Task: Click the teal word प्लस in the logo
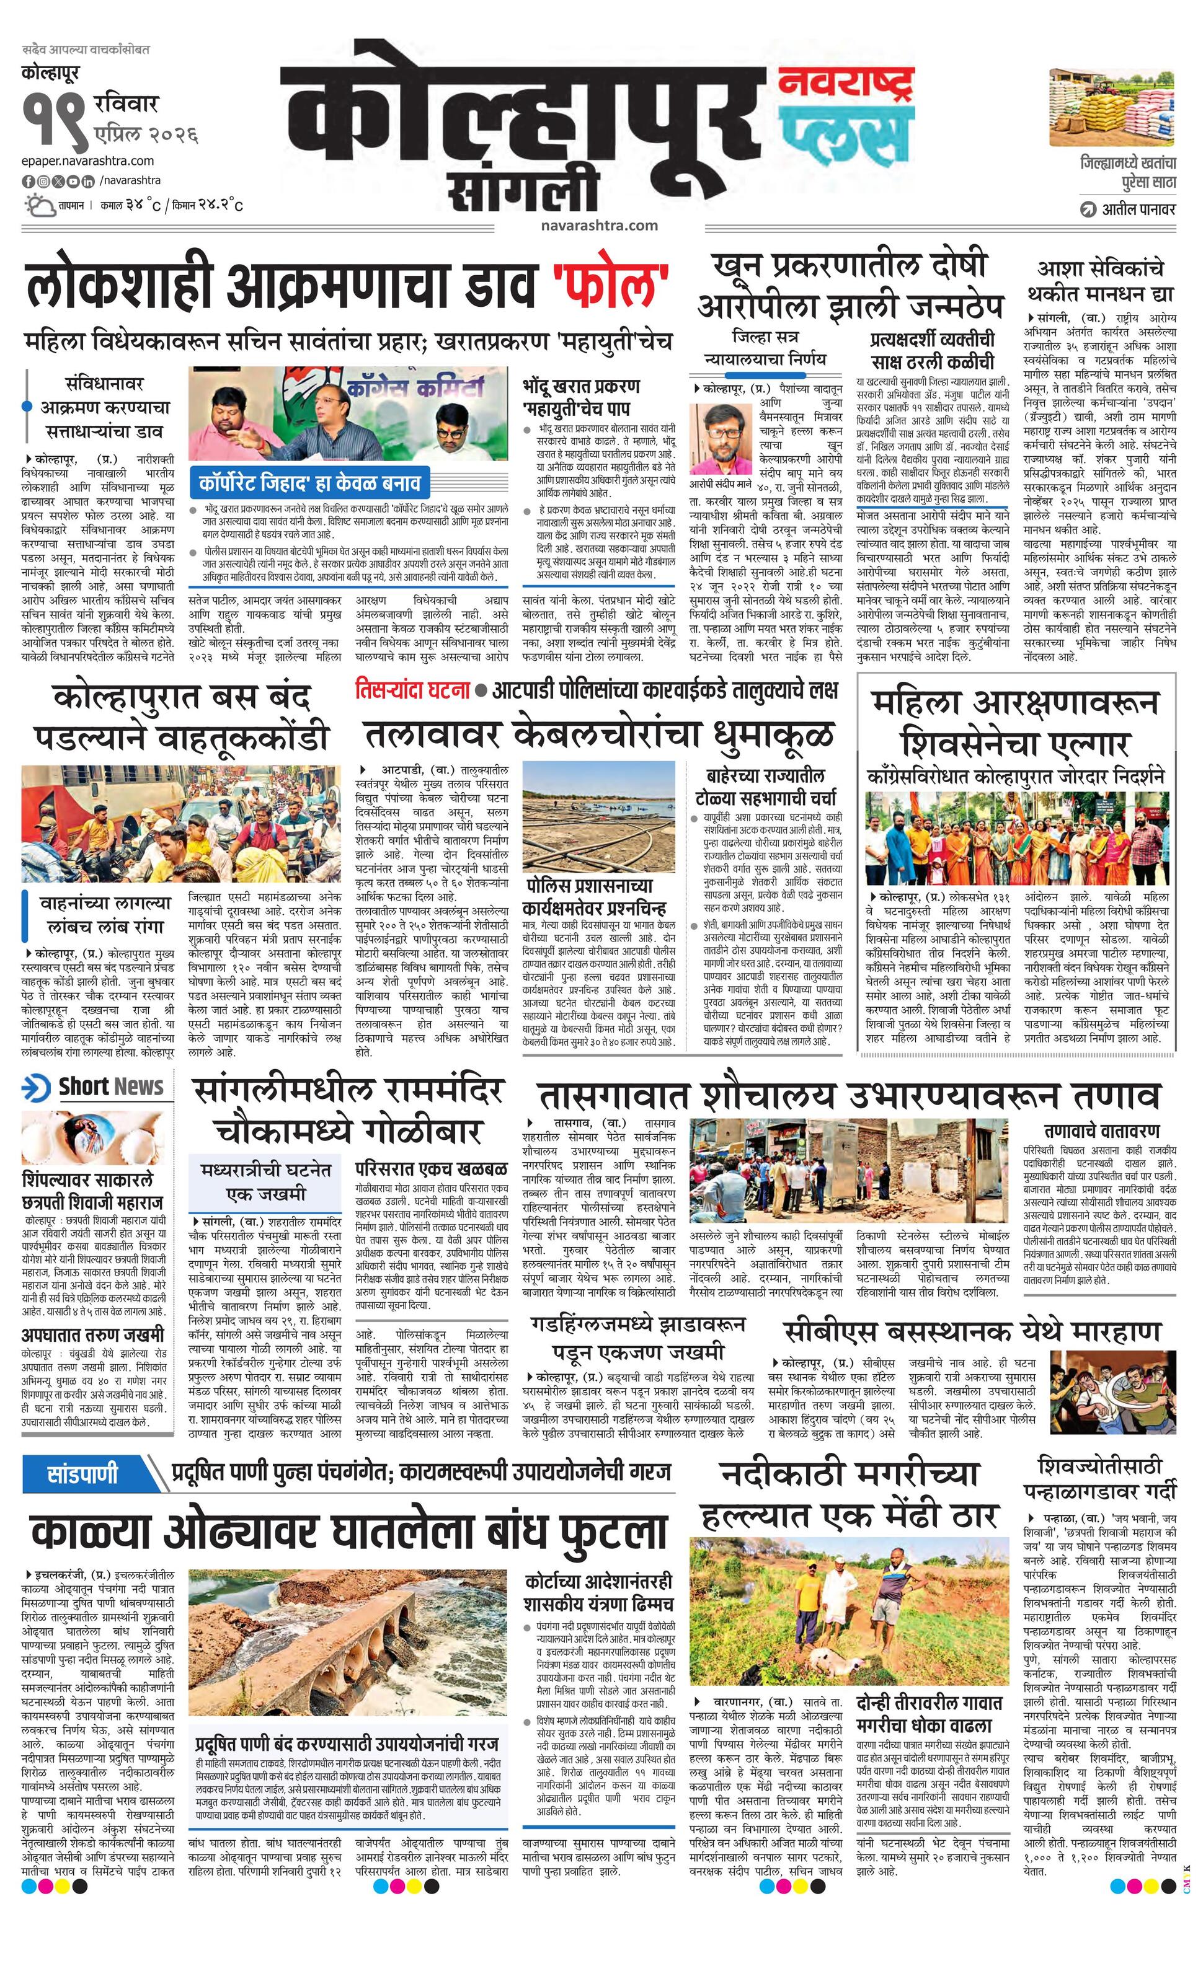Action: pos(845,135)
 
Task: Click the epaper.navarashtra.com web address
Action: pos(88,161)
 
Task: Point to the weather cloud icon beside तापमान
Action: pos(38,206)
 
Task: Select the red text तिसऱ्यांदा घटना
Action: pos(412,689)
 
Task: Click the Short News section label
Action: pos(94,1087)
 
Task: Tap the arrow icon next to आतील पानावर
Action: pos(1087,210)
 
